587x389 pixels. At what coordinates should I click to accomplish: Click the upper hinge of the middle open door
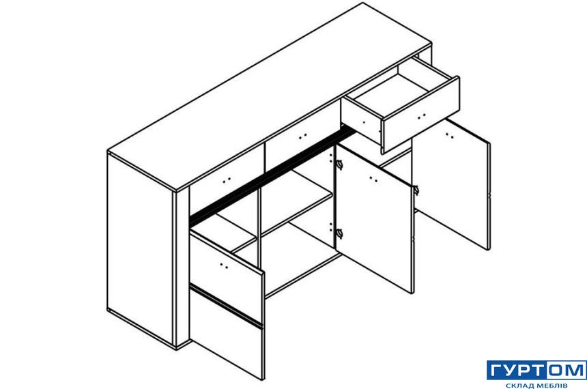click(340, 164)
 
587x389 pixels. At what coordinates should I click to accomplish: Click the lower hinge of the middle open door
click(340, 233)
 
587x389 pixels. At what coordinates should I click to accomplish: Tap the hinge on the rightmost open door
click(416, 190)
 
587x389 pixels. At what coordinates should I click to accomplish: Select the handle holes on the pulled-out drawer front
click(422, 117)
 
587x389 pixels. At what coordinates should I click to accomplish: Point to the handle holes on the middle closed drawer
click(303, 136)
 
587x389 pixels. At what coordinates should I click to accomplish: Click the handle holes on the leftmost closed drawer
click(227, 181)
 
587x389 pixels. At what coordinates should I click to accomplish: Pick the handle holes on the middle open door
click(373, 179)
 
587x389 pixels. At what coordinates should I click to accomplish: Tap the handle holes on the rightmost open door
click(450, 135)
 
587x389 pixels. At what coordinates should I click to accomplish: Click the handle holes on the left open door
click(224, 266)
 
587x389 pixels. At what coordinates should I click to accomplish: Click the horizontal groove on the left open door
click(226, 305)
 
